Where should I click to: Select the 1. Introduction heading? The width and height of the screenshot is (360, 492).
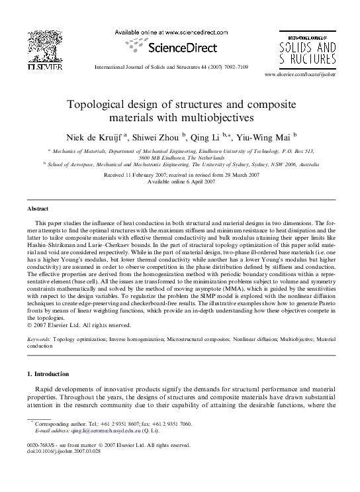click(50, 375)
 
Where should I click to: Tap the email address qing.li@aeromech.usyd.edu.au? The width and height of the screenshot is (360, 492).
click(97, 430)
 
